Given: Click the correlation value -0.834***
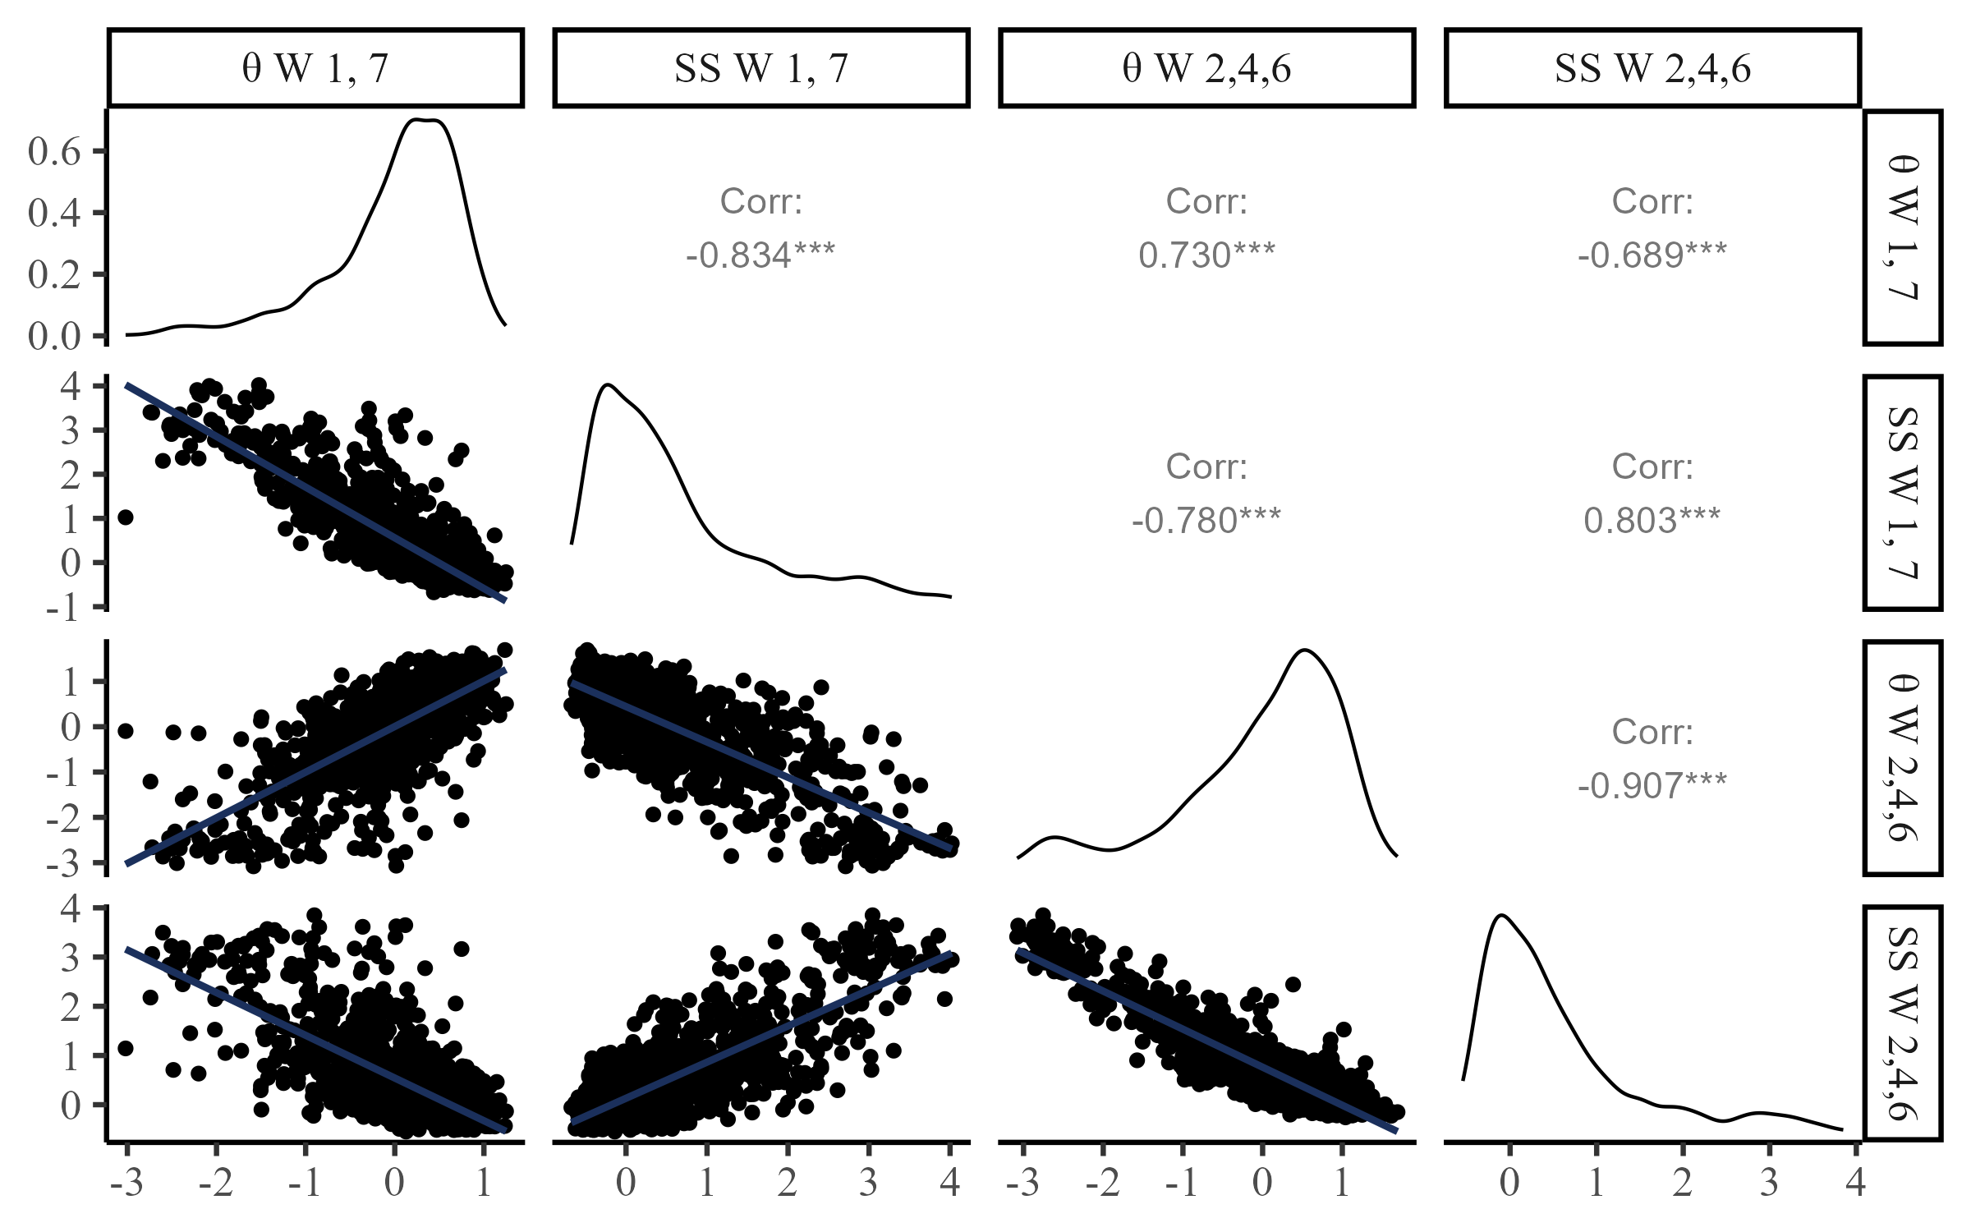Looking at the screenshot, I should [x=760, y=255].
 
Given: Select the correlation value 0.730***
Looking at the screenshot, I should [x=1206, y=255].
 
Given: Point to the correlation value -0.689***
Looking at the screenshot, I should [x=1652, y=255].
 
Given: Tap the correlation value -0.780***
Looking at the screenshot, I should [x=1206, y=521].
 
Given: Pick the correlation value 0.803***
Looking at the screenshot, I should [x=1652, y=521].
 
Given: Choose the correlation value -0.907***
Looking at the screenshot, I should [x=1652, y=786].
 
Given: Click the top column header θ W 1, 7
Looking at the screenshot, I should [x=315, y=68].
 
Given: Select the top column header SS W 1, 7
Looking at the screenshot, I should [x=761, y=68].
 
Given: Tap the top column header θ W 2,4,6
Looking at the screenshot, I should [x=1206, y=68].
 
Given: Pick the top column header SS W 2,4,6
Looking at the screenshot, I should [x=1652, y=68].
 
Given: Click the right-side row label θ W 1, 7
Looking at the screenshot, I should [x=1903, y=228].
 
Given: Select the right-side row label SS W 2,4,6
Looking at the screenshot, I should [x=1903, y=1023].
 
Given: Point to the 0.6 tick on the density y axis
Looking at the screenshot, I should [x=54, y=151].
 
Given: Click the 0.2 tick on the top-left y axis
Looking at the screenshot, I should [x=54, y=274].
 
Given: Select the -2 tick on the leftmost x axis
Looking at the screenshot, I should [x=216, y=1183].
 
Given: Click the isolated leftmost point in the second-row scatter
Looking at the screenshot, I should [x=126, y=517].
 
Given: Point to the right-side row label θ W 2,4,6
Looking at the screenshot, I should [x=1903, y=758].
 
